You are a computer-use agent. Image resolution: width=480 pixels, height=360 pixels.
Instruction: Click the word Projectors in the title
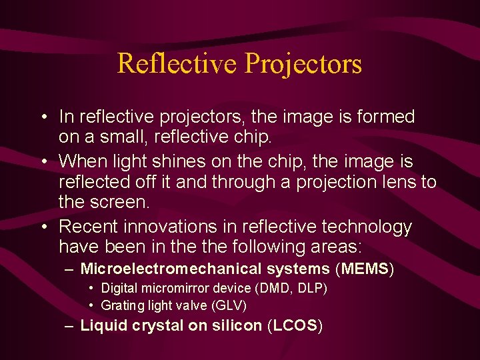coord(303,63)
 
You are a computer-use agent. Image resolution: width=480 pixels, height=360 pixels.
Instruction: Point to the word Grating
coord(120,305)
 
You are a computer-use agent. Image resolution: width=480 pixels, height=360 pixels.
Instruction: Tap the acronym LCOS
coord(295,326)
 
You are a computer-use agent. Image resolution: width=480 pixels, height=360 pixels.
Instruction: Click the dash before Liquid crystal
coord(69,326)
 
